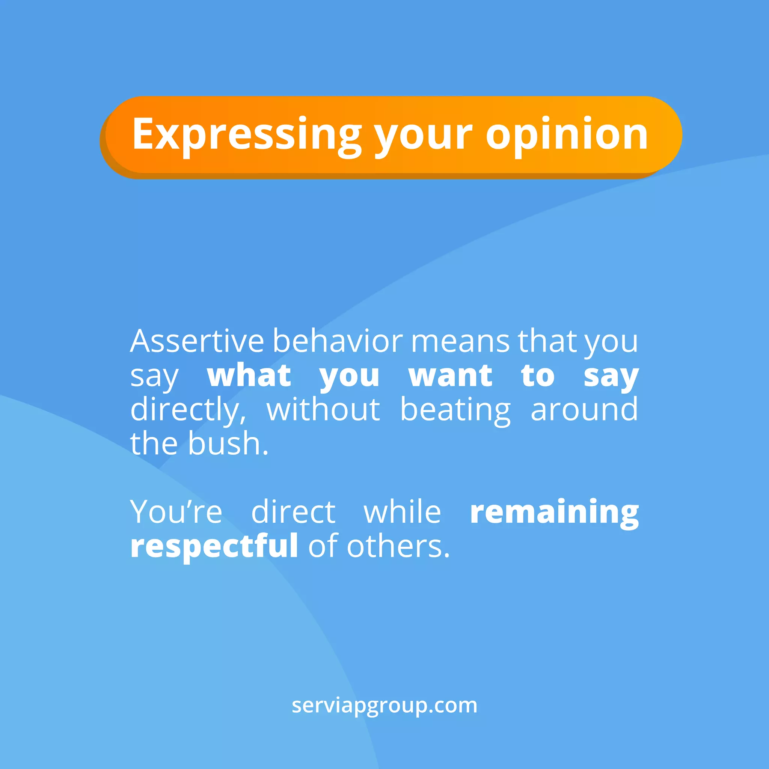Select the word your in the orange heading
click(424, 135)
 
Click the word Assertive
click(197, 342)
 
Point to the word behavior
click(338, 342)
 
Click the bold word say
click(611, 377)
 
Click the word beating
click(455, 410)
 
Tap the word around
click(584, 410)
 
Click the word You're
click(176, 512)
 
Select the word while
click(403, 512)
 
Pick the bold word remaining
click(555, 513)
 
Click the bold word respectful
click(214, 546)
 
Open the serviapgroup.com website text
click(384, 706)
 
